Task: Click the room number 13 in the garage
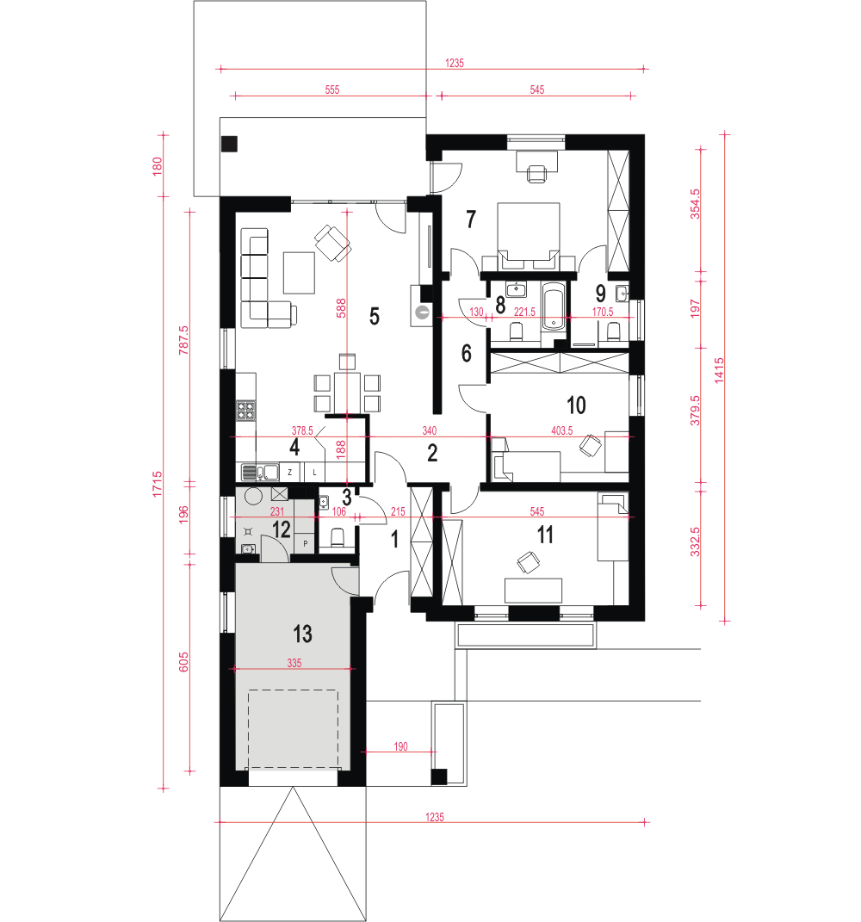pyautogui.click(x=302, y=634)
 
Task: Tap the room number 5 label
pyautogui.click(x=375, y=316)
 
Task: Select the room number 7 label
pyautogui.click(x=470, y=219)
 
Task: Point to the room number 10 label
pyautogui.click(x=576, y=405)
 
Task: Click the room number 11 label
pyautogui.click(x=545, y=535)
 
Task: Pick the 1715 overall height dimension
pyautogui.click(x=157, y=483)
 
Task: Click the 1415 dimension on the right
pyautogui.click(x=719, y=371)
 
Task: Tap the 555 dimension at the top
pyautogui.click(x=332, y=90)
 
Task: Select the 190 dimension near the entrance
pyautogui.click(x=400, y=746)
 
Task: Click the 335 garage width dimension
pyautogui.click(x=294, y=663)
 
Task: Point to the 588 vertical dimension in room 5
pyautogui.click(x=341, y=308)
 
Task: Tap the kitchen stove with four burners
pyautogui.click(x=246, y=410)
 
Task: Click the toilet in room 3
pyautogui.click(x=338, y=537)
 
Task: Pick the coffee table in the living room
pyautogui.click(x=299, y=272)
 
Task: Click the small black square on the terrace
pyautogui.click(x=229, y=144)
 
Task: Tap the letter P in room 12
pyautogui.click(x=306, y=544)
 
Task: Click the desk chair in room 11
pyautogui.click(x=528, y=562)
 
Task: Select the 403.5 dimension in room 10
pyautogui.click(x=561, y=430)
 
